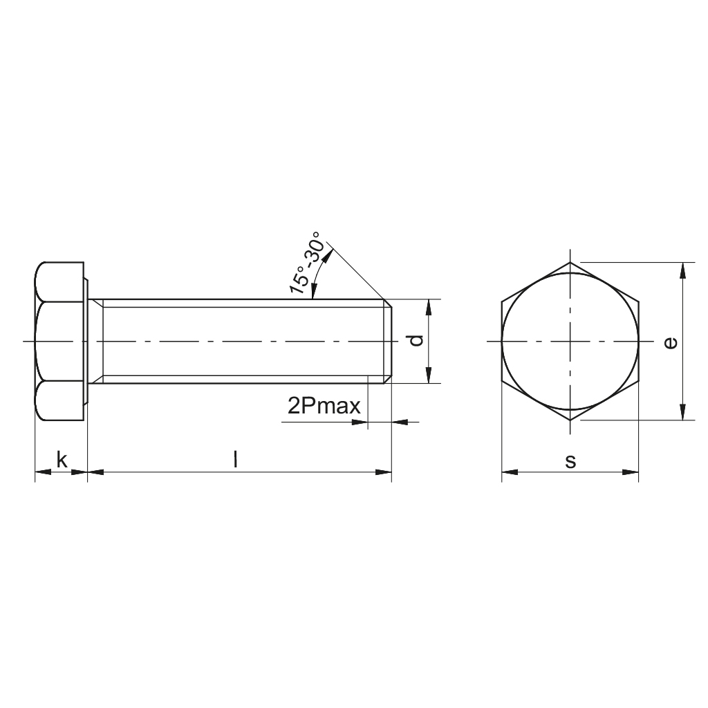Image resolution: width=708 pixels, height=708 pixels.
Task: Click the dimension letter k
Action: coord(62,460)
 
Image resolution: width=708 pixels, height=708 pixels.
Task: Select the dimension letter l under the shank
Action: coord(236,460)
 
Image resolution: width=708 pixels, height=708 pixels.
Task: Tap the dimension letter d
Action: coord(414,340)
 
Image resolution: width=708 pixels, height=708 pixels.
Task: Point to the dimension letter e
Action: coord(669,342)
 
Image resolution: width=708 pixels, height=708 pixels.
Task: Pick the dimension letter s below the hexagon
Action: coord(570,461)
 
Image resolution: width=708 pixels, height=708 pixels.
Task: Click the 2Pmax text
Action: coord(324,406)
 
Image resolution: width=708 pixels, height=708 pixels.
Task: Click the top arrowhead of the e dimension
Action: coord(683,270)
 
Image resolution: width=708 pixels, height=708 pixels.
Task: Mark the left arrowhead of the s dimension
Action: coord(509,473)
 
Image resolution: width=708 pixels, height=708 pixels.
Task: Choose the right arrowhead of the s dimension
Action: coord(630,473)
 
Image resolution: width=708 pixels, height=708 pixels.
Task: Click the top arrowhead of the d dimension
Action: coord(429,307)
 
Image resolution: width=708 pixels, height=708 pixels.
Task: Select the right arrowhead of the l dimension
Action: coord(383,473)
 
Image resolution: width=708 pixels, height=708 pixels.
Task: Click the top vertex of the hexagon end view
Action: coord(570,263)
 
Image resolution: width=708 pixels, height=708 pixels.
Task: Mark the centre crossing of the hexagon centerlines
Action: coord(570,342)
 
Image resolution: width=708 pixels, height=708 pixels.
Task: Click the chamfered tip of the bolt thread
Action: coord(389,342)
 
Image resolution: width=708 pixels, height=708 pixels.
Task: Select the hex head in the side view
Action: coord(60,342)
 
